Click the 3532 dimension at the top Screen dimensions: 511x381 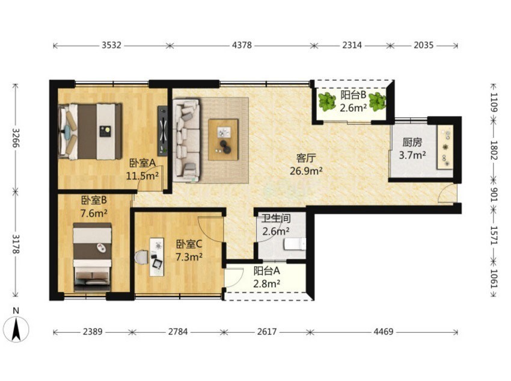coord(111,45)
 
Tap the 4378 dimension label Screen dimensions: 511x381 coord(242,45)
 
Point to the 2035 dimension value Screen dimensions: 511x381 coord(424,45)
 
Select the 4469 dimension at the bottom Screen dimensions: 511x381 coord(384,332)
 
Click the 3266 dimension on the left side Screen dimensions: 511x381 coord(16,138)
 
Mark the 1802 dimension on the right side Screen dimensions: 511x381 coord(494,150)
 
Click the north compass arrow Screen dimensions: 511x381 coord(16,329)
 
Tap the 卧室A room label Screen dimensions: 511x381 coord(143,163)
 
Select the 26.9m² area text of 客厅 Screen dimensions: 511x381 coord(307,170)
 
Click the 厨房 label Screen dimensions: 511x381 coord(412,142)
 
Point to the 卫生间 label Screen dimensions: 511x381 coord(276,218)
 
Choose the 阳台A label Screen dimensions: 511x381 coord(266,271)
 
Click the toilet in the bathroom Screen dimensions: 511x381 coord(295,244)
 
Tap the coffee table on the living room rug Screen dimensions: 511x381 coord(224,140)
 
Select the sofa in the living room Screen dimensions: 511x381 coord(186,140)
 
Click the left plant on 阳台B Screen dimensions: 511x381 coord(327,102)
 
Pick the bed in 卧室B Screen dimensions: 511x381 coord(93,257)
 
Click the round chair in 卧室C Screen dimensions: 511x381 coord(142,258)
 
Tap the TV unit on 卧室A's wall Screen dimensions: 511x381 coord(163,131)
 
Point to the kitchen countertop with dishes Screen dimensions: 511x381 coord(445,147)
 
